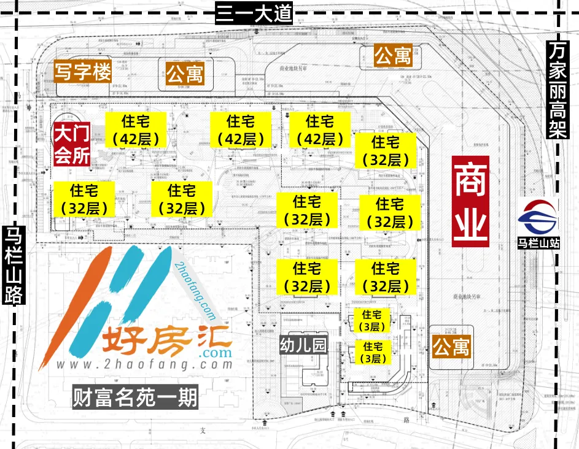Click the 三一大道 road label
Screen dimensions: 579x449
[x=252, y=13]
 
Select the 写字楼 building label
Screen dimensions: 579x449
[x=82, y=72]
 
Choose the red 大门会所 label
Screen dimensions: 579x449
[x=72, y=144]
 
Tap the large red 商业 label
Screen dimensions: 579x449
[x=471, y=201]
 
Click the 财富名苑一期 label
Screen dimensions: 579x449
[x=135, y=399]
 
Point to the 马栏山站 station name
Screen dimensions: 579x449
[x=538, y=244]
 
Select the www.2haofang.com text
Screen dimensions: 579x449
[x=145, y=364]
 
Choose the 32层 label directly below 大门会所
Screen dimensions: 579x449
[x=84, y=199]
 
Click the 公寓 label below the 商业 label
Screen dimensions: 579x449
[x=451, y=347]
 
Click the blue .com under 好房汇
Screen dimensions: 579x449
[x=216, y=354]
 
